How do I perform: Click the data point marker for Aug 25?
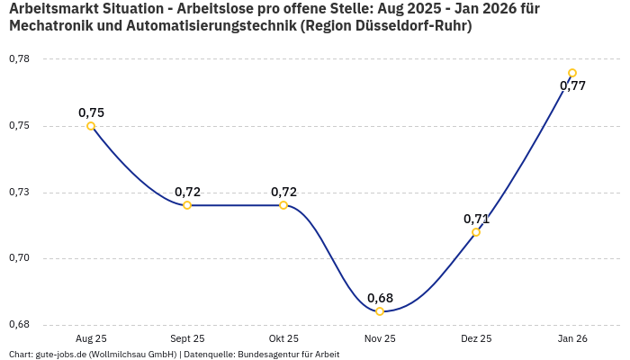(91, 126)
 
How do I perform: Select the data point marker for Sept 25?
(187, 205)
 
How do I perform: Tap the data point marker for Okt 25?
(283, 205)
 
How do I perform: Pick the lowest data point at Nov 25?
(380, 311)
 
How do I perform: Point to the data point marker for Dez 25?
(476, 232)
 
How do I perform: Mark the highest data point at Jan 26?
(572, 73)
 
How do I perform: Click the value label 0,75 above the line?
(91, 112)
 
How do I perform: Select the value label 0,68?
(380, 298)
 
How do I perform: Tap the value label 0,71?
(476, 219)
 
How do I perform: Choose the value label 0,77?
(572, 86)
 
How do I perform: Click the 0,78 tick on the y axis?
(19, 59)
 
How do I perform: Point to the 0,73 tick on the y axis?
(19, 193)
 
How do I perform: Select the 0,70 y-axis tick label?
(19, 258)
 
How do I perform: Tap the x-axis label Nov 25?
(380, 339)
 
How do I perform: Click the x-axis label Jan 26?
(572, 339)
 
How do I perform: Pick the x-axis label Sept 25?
(187, 339)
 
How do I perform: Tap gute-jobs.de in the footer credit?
(62, 355)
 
